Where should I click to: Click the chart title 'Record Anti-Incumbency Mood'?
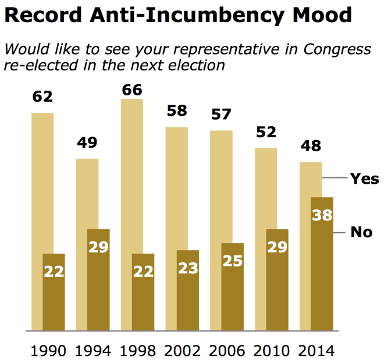177,15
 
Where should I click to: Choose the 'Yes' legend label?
364,179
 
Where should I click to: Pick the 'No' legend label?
361,232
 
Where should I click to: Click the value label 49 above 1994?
87,143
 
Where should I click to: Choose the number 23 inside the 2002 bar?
188,269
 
